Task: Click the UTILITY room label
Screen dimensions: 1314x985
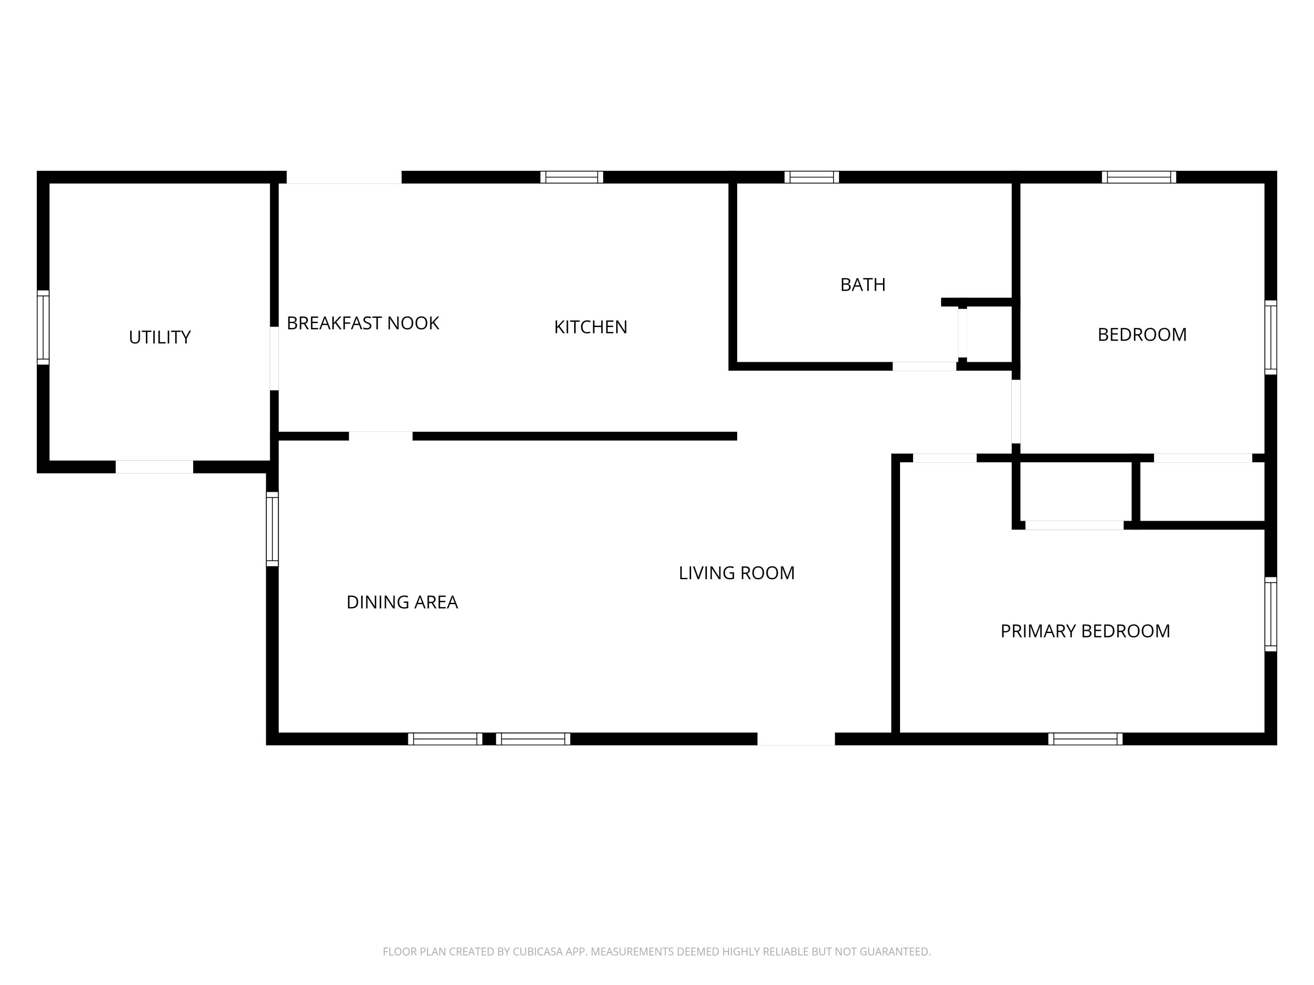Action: (160, 337)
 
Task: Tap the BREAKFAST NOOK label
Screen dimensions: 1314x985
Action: (363, 323)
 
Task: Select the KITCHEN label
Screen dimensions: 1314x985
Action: (590, 327)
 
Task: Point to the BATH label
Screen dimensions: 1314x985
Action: (862, 285)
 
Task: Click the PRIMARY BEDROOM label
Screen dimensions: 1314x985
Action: (1085, 631)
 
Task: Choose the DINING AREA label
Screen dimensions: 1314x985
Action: (402, 602)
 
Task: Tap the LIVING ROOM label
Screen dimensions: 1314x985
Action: (737, 573)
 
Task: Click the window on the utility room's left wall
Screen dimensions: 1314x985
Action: (43, 328)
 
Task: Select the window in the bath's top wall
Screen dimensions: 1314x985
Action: (812, 177)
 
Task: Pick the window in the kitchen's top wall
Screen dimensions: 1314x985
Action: (572, 177)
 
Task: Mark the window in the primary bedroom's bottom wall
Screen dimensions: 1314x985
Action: (1085, 739)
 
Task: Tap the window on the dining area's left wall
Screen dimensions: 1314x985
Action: (272, 529)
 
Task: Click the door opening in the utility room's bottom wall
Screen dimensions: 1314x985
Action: (155, 467)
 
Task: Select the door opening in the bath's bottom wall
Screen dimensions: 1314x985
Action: (924, 366)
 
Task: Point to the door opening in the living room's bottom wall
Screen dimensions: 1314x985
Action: (796, 739)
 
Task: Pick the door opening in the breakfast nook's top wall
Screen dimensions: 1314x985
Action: (344, 177)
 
